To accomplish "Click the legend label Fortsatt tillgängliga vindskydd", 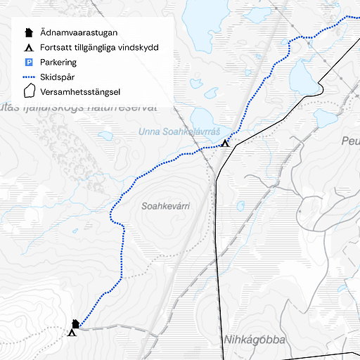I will (x=99, y=48).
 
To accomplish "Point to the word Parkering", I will (x=58, y=63).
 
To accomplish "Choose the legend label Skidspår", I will (x=58, y=77).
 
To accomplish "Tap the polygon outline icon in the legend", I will (x=29, y=91).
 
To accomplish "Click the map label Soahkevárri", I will (x=166, y=207).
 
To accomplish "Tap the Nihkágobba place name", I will (x=255, y=340).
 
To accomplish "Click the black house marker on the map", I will (x=75, y=324).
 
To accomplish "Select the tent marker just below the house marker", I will (x=72, y=333).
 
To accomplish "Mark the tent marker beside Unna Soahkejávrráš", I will (x=225, y=143).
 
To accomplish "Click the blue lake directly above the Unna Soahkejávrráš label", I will (x=207, y=117).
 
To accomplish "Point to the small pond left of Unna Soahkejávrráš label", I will (x=105, y=136).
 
